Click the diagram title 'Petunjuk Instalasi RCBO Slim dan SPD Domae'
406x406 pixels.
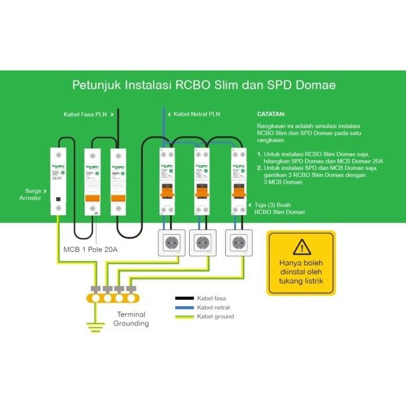tap(204, 85)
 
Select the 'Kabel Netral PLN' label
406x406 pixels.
tap(197, 114)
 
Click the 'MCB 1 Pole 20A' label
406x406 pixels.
tap(92, 251)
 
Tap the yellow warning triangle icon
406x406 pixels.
tap(302, 248)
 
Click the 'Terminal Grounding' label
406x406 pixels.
tap(130, 318)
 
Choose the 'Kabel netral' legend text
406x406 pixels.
tap(213, 307)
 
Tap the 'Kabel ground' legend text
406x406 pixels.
tap(215, 317)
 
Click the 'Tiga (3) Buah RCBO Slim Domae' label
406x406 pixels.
tap(280, 209)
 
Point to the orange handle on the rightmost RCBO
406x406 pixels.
tap(237, 191)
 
